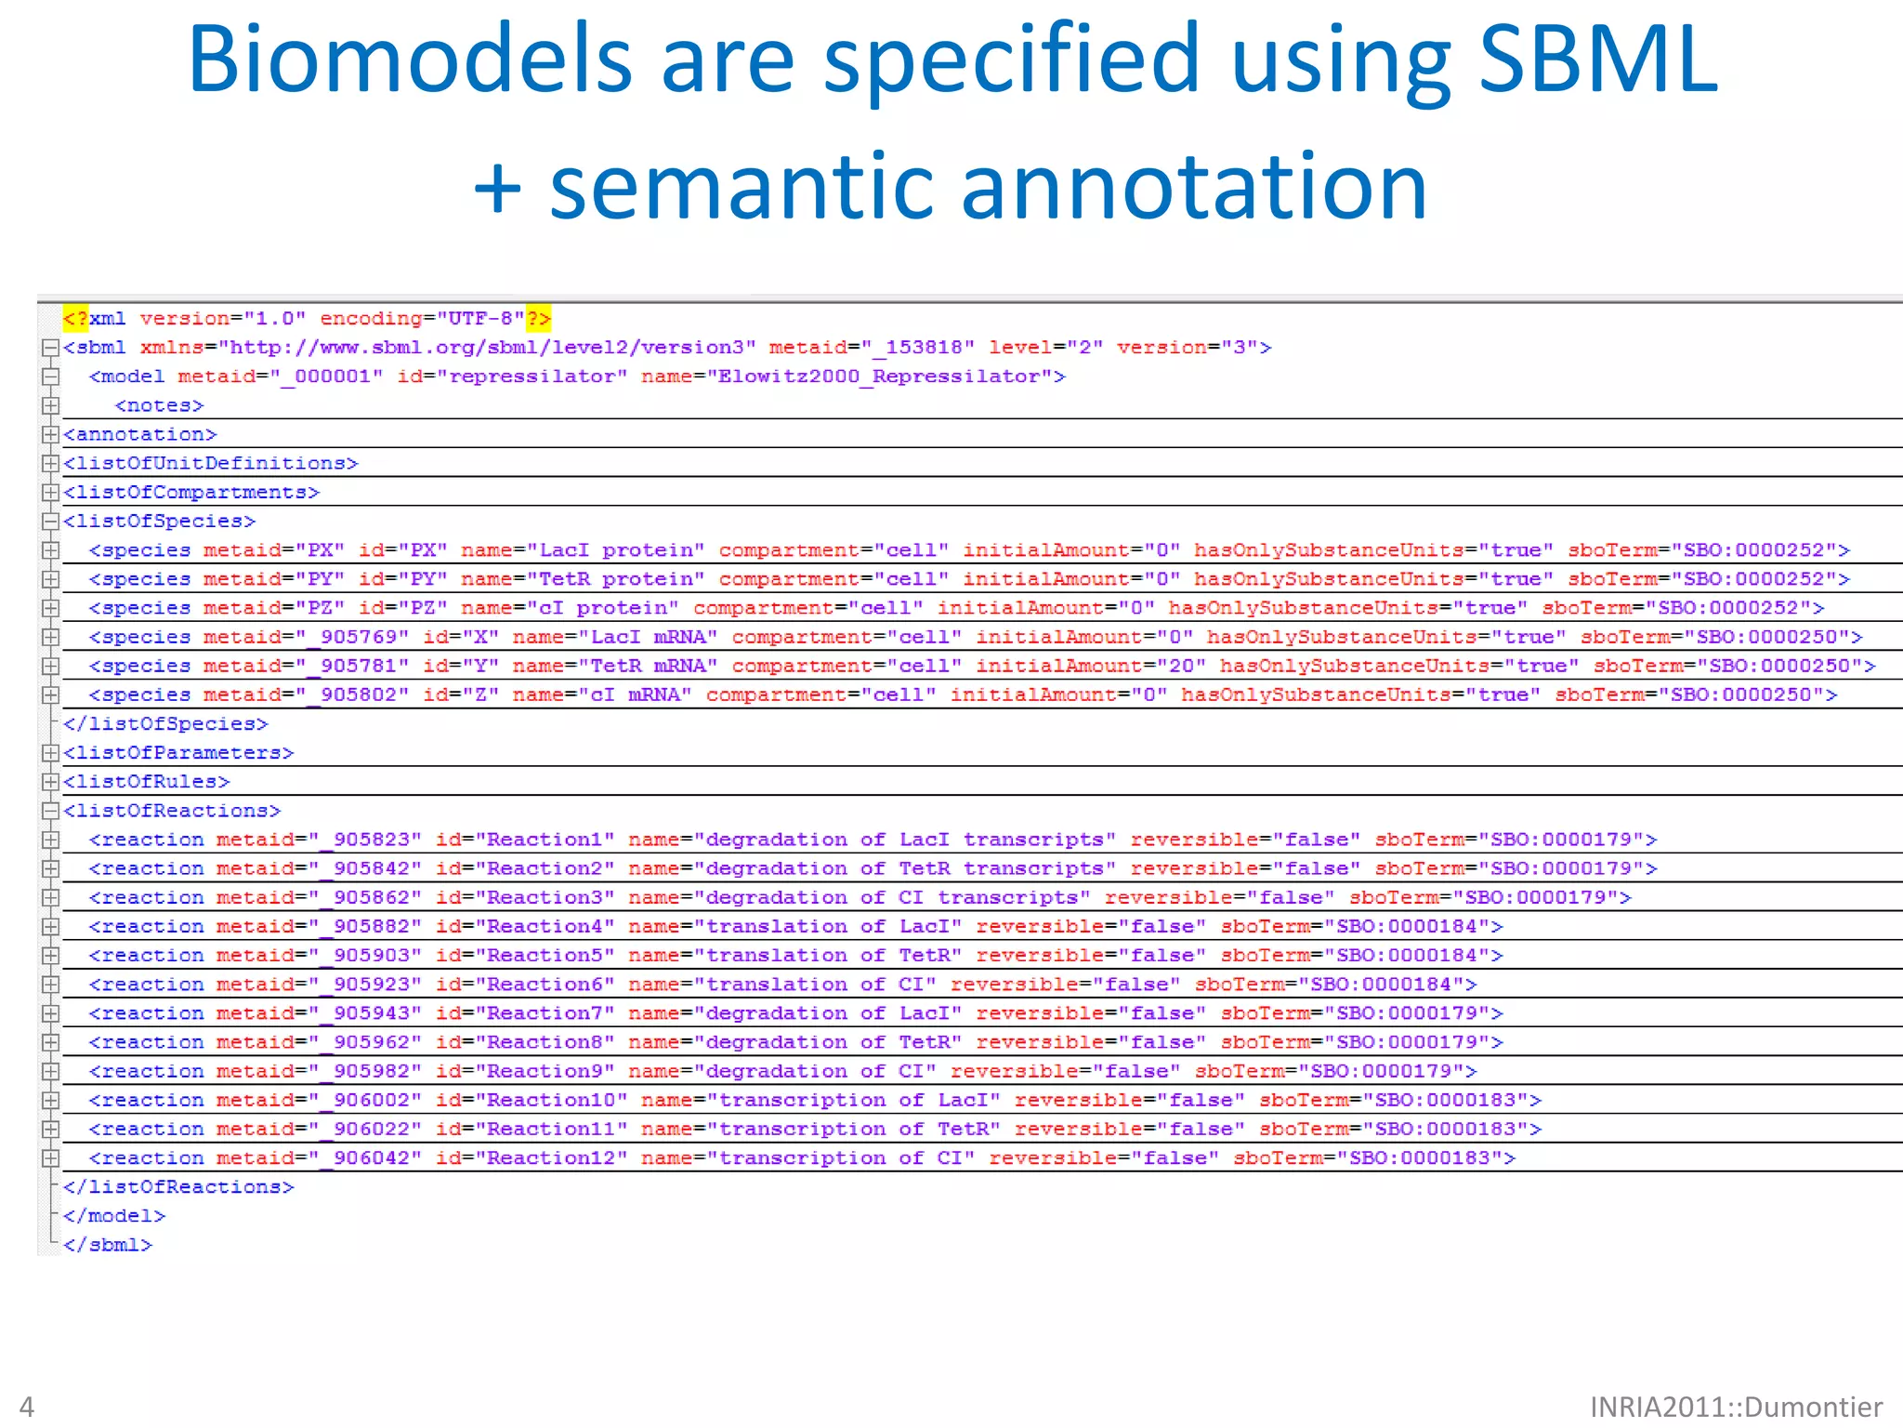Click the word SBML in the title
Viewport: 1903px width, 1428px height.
tap(1597, 59)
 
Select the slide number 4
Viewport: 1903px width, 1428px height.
tap(27, 1407)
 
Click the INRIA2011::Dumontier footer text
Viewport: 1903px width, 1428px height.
tap(1736, 1407)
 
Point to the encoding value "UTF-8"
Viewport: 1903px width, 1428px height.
tap(487, 319)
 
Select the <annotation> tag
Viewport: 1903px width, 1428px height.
tap(140, 434)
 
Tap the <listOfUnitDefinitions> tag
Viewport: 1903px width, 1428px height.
tap(211, 463)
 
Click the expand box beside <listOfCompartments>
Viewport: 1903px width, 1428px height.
tap(51, 492)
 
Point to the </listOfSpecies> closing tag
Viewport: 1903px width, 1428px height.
tap(165, 723)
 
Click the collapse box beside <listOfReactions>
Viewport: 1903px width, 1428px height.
tap(51, 811)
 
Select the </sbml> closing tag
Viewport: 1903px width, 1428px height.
tap(108, 1245)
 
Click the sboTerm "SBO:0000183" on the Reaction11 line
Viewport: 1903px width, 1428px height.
tap(1446, 1130)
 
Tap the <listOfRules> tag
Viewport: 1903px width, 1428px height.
tap(147, 782)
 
